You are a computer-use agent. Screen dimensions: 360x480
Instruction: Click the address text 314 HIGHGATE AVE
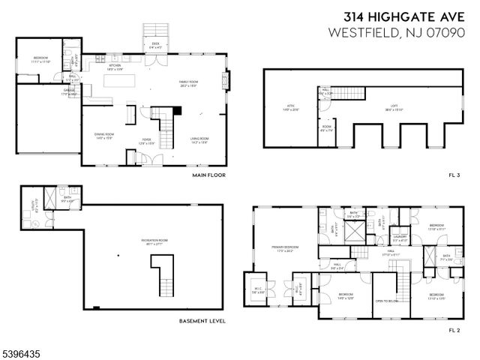click(x=403, y=16)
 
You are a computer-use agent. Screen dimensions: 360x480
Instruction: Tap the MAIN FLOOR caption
click(x=208, y=175)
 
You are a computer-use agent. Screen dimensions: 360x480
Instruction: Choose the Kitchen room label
click(x=115, y=67)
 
